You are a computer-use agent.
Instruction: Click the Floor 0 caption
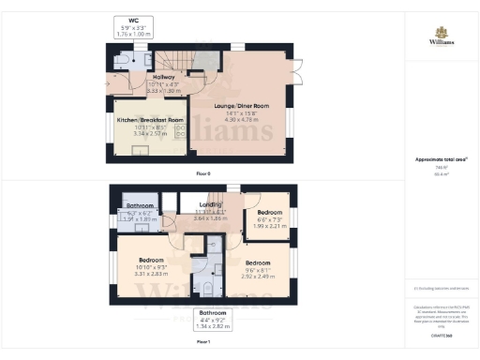(203, 173)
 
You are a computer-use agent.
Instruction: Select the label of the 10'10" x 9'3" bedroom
(151, 263)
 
